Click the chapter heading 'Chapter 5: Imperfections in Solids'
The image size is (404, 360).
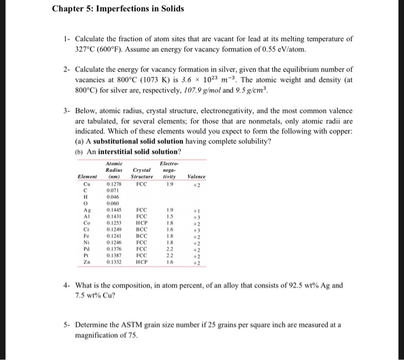118,9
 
